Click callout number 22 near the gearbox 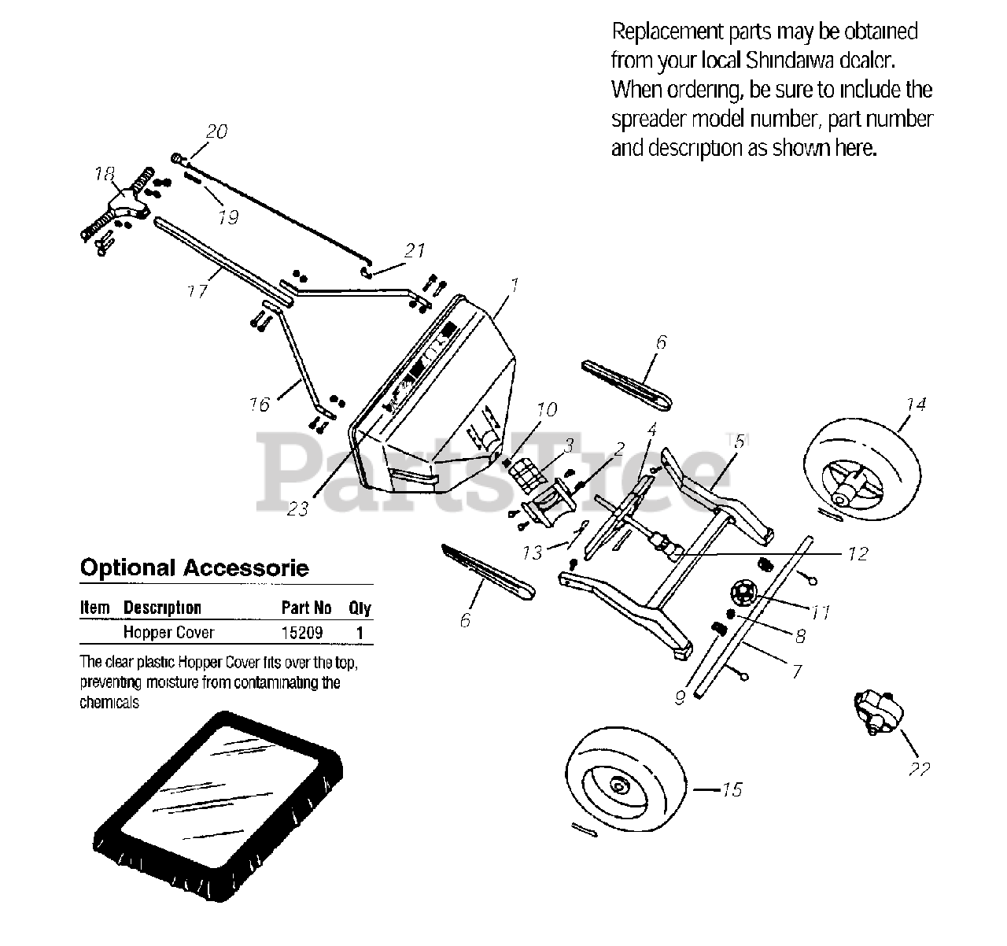pyautogui.click(x=918, y=769)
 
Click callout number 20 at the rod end pyautogui.click(x=216, y=131)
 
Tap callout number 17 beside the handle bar pyautogui.click(x=197, y=290)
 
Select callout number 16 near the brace pyautogui.click(x=259, y=404)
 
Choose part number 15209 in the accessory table pyautogui.click(x=302, y=632)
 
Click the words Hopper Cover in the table pyautogui.click(x=169, y=632)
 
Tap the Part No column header pyautogui.click(x=306, y=608)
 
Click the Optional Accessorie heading pyautogui.click(x=194, y=568)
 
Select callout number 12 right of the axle pyautogui.click(x=857, y=554)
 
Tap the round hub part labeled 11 pyautogui.click(x=743, y=593)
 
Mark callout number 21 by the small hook pyautogui.click(x=415, y=251)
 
